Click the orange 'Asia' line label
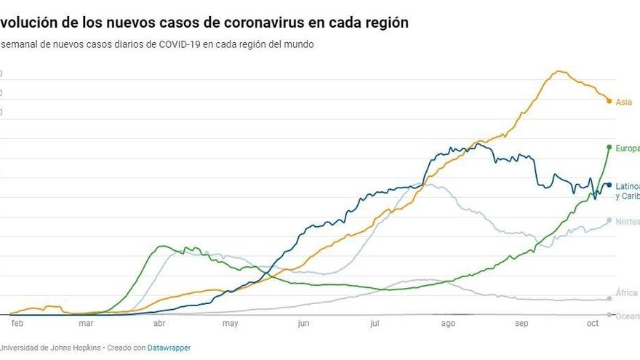coord(624,103)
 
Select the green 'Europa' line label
coord(628,148)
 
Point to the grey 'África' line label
coord(627,293)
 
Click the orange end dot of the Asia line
coord(609,100)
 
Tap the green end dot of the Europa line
coord(609,147)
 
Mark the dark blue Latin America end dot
coord(609,185)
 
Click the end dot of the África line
coord(609,298)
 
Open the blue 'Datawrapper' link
coord(169,348)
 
